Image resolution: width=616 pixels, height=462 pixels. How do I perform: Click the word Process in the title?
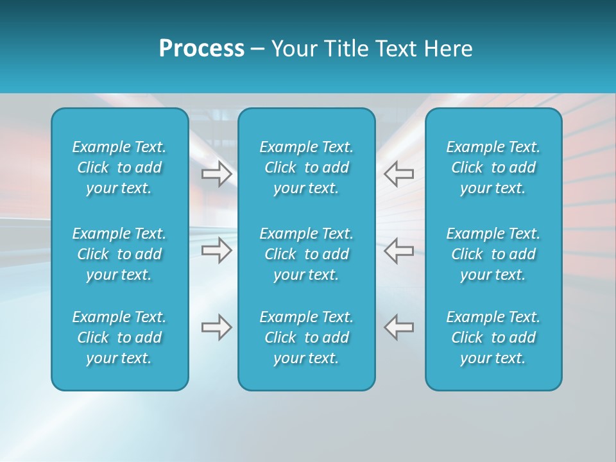pyautogui.click(x=201, y=49)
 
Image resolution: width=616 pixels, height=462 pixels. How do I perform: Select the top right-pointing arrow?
pyautogui.click(x=217, y=173)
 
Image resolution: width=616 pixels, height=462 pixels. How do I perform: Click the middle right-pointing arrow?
pyautogui.click(x=217, y=250)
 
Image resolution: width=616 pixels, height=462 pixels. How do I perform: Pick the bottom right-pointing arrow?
pyautogui.click(x=217, y=327)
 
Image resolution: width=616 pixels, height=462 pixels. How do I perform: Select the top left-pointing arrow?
pyautogui.click(x=398, y=173)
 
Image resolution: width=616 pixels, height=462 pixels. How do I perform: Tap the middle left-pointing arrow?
pyautogui.click(x=398, y=250)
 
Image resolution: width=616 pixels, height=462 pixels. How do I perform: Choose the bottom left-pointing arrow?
pyautogui.click(x=398, y=327)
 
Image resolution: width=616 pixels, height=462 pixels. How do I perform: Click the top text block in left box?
pyautogui.click(x=119, y=167)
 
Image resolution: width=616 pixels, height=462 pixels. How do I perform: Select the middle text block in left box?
pyautogui.click(x=119, y=254)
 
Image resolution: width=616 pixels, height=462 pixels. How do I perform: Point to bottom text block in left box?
pyautogui.click(x=119, y=338)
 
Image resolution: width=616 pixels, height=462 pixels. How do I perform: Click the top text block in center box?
pyautogui.click(x=307, y=167)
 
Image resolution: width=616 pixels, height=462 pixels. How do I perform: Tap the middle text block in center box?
pyautogui.click(x=307, y=254)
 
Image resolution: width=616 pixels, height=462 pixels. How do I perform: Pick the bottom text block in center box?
pyautogui.click(x=307, y=338)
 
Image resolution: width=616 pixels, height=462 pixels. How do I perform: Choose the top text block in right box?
pyautogui.click(x=493, y=167)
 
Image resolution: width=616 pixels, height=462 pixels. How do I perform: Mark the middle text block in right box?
pyautogui.click(x=493, y=254)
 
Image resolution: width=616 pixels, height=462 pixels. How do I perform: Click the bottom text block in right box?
pyautogui.click(x=493, y=338)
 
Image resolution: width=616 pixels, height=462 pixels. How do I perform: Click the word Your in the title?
pyautogui.click(x=293, y=49)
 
